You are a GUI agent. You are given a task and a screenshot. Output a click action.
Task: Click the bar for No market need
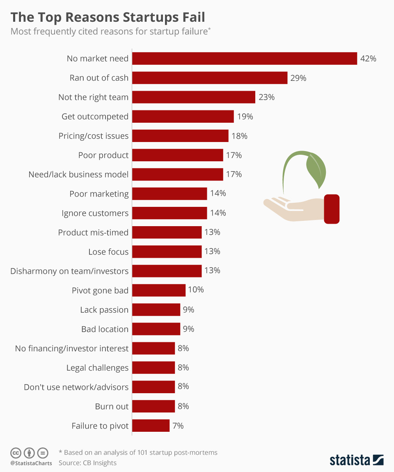point(245,58)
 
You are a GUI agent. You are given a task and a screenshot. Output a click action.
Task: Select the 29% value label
point(298,78)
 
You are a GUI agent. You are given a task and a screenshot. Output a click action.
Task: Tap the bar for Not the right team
point(194,97)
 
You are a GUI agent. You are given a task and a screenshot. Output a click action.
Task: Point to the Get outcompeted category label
point(95,117)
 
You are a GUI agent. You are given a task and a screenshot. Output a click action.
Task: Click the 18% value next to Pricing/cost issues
point(239,136)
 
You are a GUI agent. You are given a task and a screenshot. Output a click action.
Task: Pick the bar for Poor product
point(178,155)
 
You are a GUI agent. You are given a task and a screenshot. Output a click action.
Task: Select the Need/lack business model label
point(78,174)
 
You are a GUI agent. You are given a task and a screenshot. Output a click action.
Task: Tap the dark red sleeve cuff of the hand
point(332,209)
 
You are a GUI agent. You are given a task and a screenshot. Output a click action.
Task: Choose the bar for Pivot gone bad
point(159,290)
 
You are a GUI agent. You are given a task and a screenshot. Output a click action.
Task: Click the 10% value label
point(196,290)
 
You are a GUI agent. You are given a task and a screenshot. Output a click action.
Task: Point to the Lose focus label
point(108,252)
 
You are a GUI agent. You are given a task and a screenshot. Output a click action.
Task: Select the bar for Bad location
point(156,329)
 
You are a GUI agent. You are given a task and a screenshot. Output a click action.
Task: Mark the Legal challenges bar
point(153,367)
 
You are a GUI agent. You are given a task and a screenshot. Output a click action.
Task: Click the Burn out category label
point(112,406)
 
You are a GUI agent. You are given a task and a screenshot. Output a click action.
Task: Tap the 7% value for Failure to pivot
point(178,426)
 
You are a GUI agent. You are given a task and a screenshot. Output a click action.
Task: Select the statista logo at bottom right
point(356,460)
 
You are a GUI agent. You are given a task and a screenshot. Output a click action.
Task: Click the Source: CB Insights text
point(87,463)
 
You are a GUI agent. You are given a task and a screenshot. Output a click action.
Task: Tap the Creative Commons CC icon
point(16,453)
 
